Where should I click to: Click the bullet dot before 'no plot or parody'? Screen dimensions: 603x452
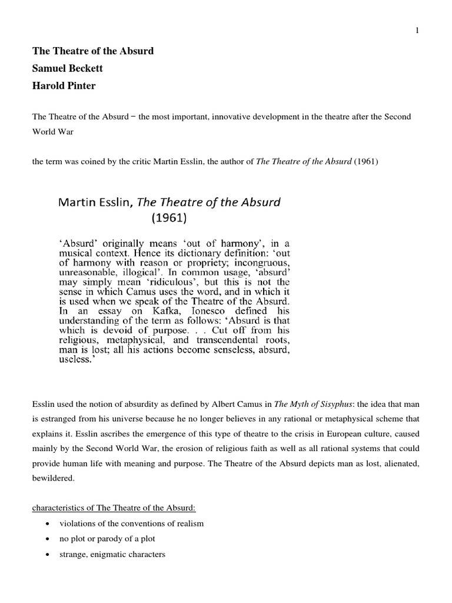[x=46, y=538]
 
